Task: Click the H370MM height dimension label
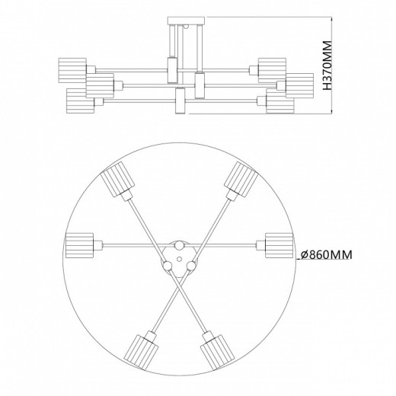(x=328, y=67)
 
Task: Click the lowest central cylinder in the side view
(x=180, y=101)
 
